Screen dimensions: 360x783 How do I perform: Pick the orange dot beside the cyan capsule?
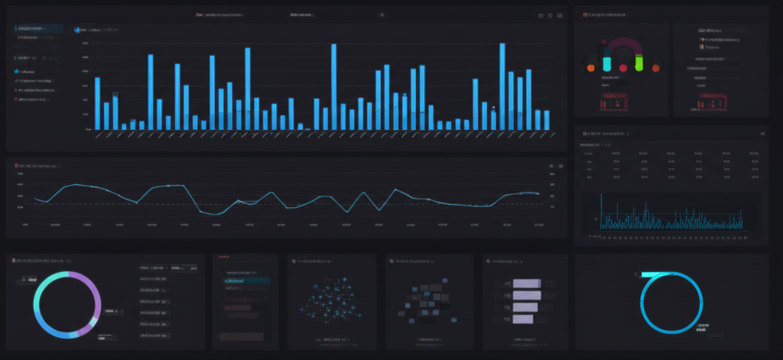[x=590, y=68]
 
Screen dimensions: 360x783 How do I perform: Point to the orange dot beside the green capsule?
[x=655, y=68]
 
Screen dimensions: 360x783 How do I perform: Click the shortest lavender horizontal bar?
[x=521, y=319]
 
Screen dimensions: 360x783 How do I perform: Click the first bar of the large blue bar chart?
[x=97, y=103]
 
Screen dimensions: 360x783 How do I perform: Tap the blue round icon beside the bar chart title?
[x=77, y=30]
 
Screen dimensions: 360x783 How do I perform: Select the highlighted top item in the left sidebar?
[x=38, y=28]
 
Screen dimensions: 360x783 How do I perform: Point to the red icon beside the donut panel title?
[x=15, y=261]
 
